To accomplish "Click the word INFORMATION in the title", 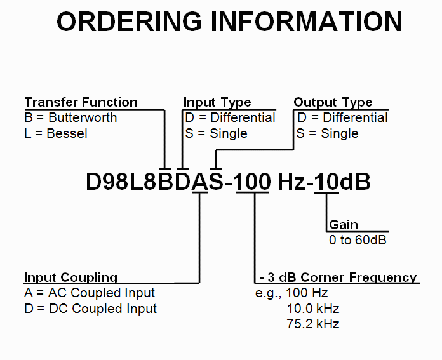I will pos(307,22).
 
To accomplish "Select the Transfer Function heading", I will pos(81,102).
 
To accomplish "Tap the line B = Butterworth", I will pos(70,117).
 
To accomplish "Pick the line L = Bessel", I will pos(56,133).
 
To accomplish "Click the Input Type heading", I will pos(217,102).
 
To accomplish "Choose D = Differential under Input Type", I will pos(230,117).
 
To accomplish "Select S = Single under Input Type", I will pos(215,133).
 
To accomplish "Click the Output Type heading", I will pos(333,102).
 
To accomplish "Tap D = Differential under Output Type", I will pos(342,117).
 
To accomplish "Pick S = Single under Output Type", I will pos(328,133).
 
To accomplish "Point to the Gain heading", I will pos(344,225).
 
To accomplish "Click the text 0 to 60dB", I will pos(358,240).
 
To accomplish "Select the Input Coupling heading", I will pos(70,277).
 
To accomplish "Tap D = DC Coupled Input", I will pos(90,309).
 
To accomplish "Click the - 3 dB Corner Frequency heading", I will pos(338,277).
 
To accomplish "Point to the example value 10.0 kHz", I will pos(313,309).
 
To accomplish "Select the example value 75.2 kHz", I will pos(313,324).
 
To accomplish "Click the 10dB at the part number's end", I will pos(343,182).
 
